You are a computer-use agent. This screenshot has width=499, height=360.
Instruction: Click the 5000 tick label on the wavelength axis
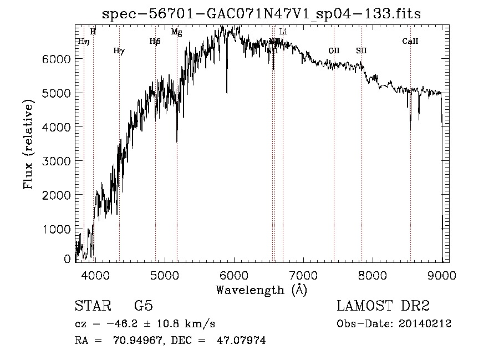[x=165, y=274]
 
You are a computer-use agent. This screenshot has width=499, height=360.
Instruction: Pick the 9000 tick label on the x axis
[x=442, y=274]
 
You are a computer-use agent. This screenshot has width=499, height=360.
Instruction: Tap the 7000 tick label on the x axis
[x=303, y=274]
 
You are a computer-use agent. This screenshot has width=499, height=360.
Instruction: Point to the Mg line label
[x=176, y=32]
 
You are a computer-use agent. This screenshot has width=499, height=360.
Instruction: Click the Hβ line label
[x=155, y=41]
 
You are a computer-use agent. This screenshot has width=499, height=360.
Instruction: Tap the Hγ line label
[x=119, y=50]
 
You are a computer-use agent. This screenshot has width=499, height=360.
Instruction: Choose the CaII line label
[x=410, y=41]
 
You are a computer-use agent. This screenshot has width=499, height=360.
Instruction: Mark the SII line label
[x=361, y=50]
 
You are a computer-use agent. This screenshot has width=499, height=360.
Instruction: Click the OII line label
[x=334, y=50]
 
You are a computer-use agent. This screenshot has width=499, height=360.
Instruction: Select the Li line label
[x=283, y=32]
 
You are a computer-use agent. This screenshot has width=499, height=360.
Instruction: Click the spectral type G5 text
[x=143, y=306]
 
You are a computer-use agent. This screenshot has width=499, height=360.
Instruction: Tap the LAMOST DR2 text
[x=383, y=306]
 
